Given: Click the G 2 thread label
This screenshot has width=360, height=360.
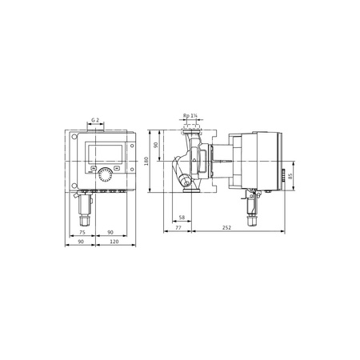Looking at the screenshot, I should coord(96,119).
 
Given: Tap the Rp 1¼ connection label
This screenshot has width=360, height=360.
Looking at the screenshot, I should coord(190,114).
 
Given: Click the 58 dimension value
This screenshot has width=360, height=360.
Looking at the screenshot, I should coord(182,217).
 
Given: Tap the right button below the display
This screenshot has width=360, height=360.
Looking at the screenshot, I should coord(117,170).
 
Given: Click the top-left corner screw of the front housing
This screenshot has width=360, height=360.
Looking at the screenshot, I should coord(76,134).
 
